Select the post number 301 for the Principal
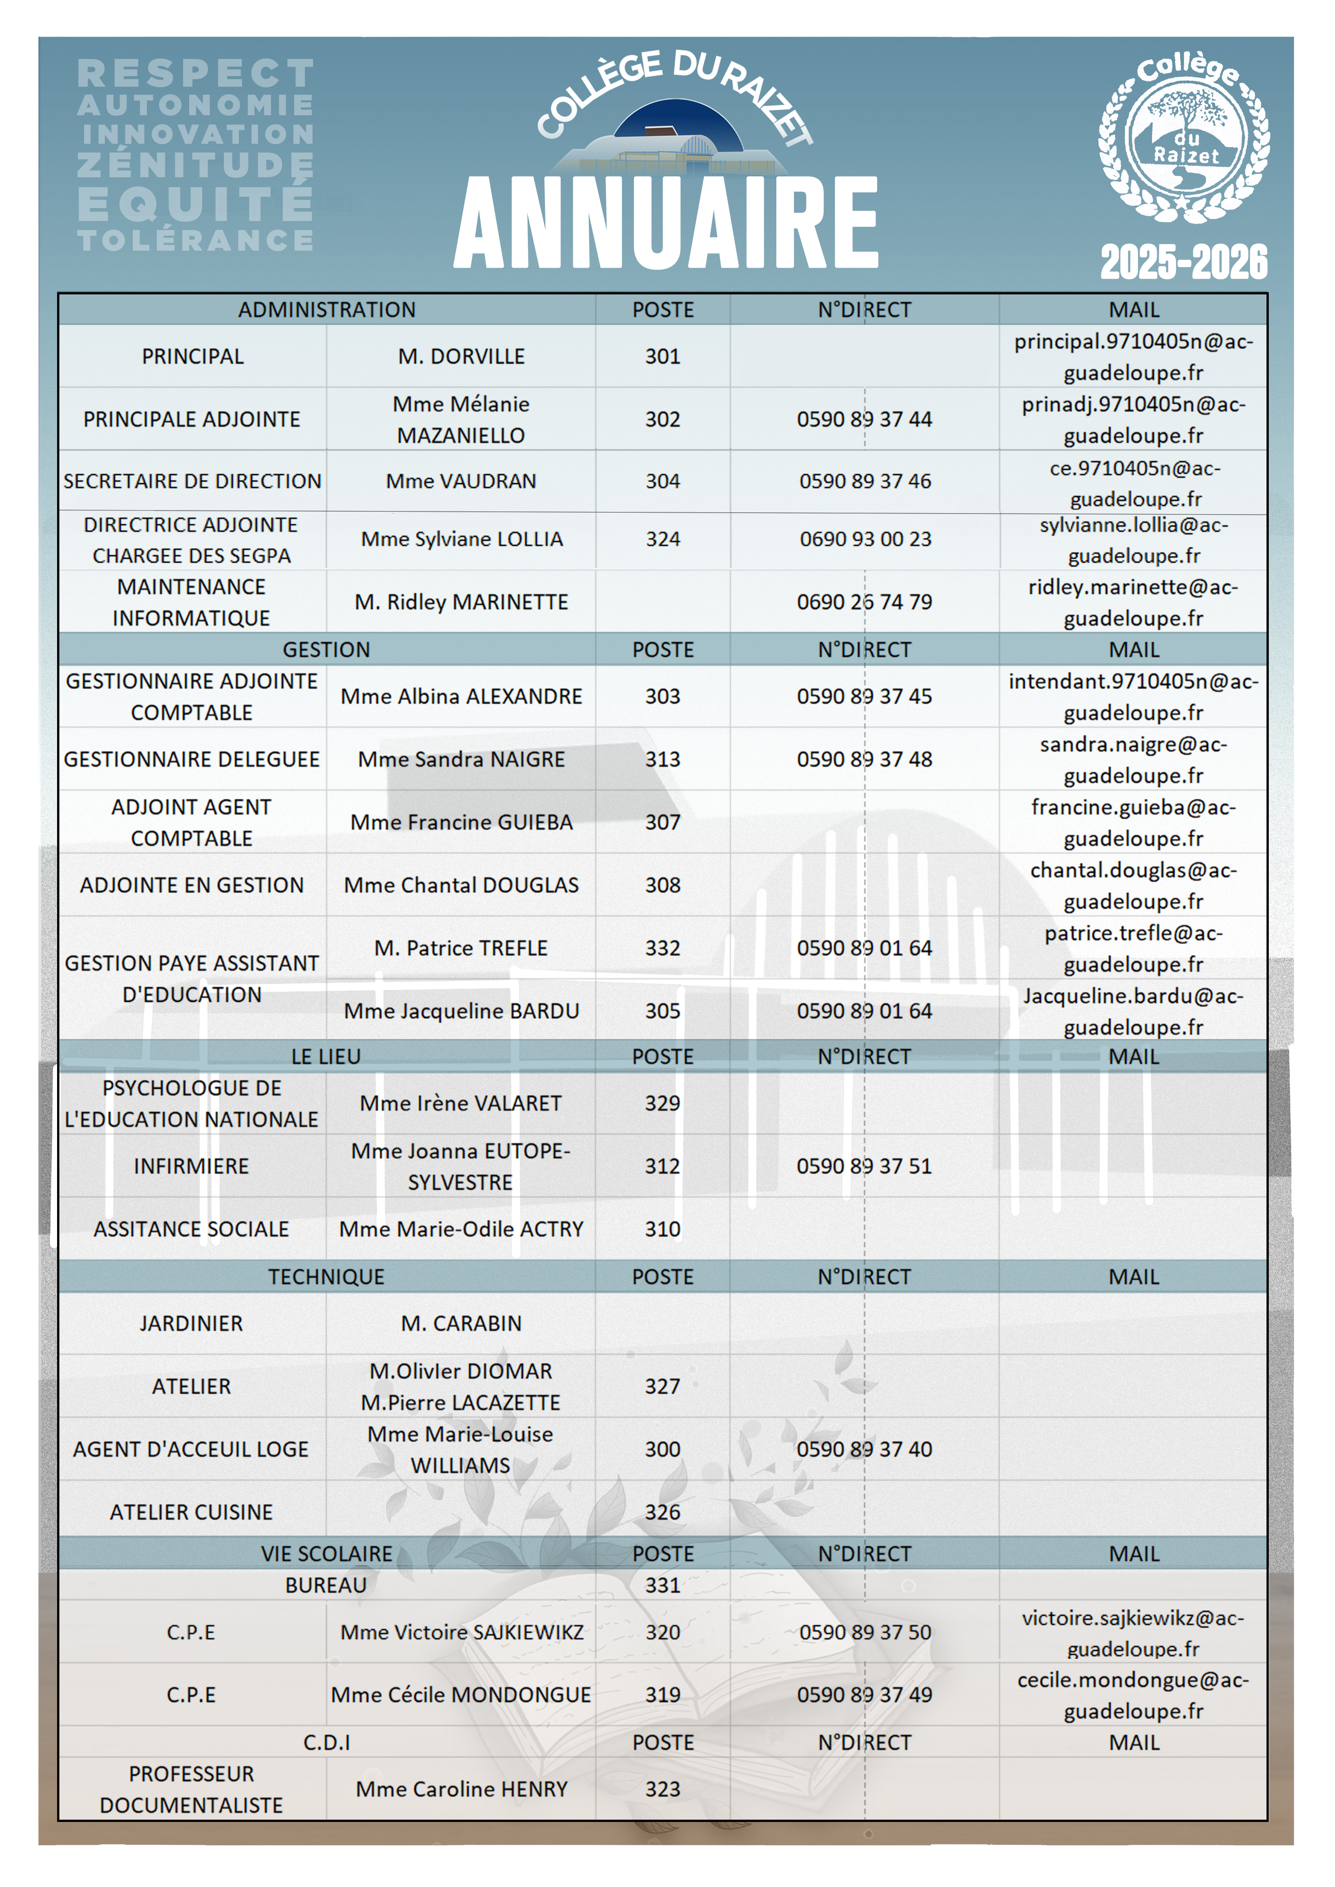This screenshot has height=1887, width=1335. click(x=663, y=357)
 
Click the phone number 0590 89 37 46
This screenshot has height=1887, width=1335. click(x=865, y=482)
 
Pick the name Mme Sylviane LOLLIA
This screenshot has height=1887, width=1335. click(x=461, y=539)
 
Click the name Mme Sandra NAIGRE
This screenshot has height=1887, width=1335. click(x=461, y=759)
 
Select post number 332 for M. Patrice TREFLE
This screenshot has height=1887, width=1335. click(x=663, y=948)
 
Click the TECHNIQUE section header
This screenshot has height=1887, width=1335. click(x=327, y=1277)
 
